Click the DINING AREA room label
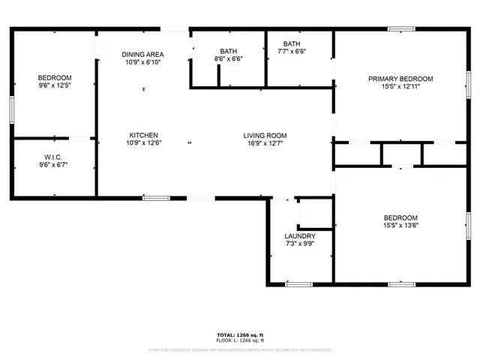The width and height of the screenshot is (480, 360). point(142,54)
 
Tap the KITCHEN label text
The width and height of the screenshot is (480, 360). point(142,135)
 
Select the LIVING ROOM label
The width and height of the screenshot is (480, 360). point(265,136)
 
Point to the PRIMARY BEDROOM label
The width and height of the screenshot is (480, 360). point(400,79)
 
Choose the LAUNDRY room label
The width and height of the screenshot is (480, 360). point(299,235)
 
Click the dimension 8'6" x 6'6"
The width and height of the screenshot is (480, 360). point(228,58)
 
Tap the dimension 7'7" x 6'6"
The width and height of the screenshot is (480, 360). point(292,51)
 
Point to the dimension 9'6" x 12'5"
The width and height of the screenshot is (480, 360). point(55,85)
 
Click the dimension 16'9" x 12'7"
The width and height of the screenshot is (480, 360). point(265,143)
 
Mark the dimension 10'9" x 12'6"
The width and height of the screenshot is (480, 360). point(142,142)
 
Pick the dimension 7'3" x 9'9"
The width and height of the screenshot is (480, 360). point(299,243)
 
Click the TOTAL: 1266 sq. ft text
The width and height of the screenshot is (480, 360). point(240,334)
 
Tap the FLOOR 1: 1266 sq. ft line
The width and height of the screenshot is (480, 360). point(240,340)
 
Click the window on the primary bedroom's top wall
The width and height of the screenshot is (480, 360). point(401,29)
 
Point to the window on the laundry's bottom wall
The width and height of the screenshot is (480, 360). point(298,284)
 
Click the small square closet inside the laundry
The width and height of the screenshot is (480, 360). point(315,214)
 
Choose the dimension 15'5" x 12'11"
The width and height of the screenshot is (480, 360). point(400,86)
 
